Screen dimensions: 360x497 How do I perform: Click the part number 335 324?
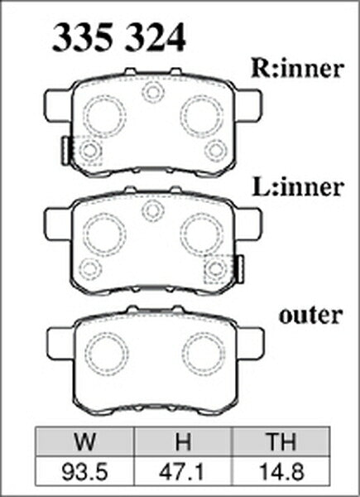(x=118, y=37)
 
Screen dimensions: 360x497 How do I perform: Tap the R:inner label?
(x=297, y=68)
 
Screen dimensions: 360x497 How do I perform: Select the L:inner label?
(x=297, y=187)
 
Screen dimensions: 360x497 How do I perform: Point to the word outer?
(x=310, y=316)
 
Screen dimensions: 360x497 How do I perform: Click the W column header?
(x=85, y=441)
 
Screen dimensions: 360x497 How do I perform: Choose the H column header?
(x=184, y=441)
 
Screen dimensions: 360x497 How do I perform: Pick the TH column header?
(x=281, y=441)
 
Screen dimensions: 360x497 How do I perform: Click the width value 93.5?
(x=85, y=471)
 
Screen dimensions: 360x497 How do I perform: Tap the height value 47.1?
(x=183, y=471)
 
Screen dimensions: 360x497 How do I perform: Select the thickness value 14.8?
(x=281, y=471)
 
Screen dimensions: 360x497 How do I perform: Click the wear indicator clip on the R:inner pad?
(x=65, y=151)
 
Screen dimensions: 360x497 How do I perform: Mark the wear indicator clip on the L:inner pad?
(x=241, y=269)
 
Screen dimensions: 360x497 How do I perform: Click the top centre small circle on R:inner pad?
(x=153, y=92)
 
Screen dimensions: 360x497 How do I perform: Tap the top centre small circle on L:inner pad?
(x=153, y=210)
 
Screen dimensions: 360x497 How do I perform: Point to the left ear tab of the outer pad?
(x=61, y=344)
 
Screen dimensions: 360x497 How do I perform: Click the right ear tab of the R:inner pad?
(x=249, y=105)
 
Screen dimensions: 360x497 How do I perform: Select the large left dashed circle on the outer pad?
(x=107, y=354)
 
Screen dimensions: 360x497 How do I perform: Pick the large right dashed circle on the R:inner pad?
(x=202, y=116)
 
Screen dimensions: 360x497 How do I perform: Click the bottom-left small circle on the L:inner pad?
(x=90, y=269)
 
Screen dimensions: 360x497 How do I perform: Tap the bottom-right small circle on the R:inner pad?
(x=216, y=151)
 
